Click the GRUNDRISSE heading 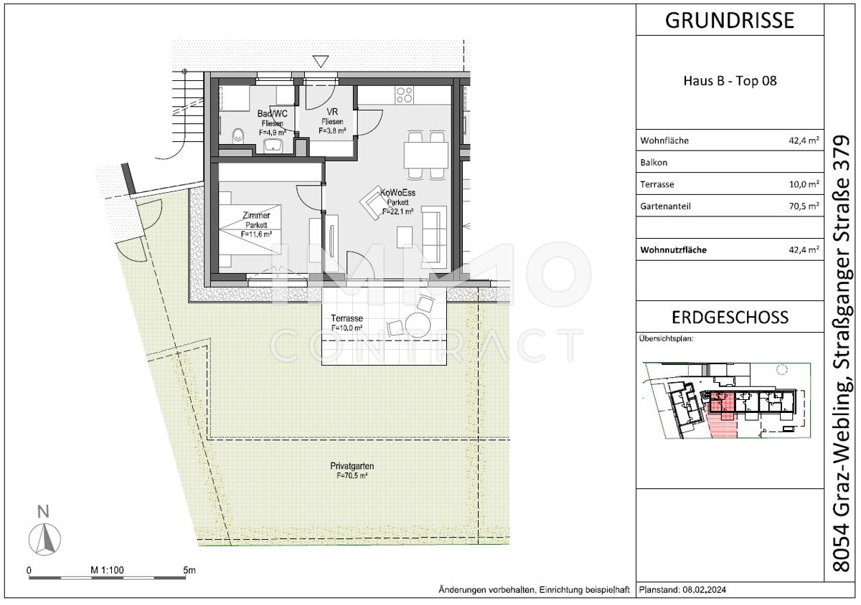(730, 20)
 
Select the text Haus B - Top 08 (730, 81)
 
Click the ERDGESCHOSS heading (730, 317)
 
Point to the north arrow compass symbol (44, 537)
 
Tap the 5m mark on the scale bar (189, 571)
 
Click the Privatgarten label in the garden (352, 466)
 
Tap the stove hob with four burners (405, 95)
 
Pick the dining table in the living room (425, 154)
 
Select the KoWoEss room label (398, 193)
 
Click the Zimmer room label (256, 215)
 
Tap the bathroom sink (273, 146)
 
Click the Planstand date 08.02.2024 (707, 590)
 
